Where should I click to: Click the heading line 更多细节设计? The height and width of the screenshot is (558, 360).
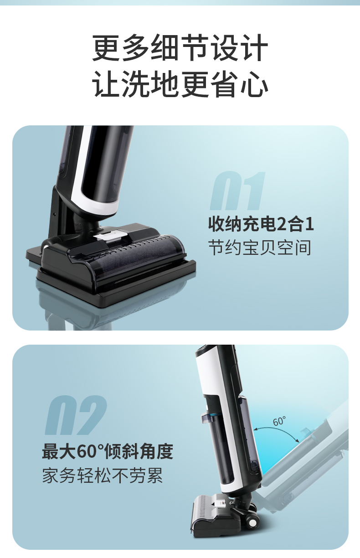click(180, 47)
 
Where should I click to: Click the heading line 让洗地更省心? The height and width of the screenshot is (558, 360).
click(180, 84)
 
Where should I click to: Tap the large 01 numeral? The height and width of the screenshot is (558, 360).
click(237, 191)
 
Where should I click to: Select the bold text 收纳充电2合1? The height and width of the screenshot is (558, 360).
click(261, 224)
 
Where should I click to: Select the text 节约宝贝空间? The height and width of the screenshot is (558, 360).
click(260, 248)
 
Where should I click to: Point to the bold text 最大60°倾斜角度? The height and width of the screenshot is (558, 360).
click(107, 451)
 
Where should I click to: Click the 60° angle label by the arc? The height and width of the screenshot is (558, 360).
click(279, 422)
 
